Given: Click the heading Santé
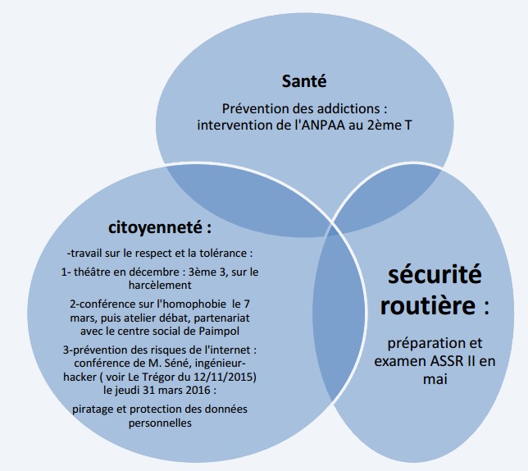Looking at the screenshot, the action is [304, 81].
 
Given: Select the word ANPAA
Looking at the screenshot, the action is [323, 126].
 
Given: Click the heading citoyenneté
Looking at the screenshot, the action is [155, 228].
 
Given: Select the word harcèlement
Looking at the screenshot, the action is [160, 285].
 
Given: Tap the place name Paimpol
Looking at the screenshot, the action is [219, 332].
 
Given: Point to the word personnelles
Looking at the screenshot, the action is [160, 423].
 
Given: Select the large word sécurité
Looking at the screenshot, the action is [435, 275].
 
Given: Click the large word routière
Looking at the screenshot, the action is [428, 305].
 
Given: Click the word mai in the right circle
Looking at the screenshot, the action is [435, 379].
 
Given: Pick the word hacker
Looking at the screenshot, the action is [80, 377].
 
